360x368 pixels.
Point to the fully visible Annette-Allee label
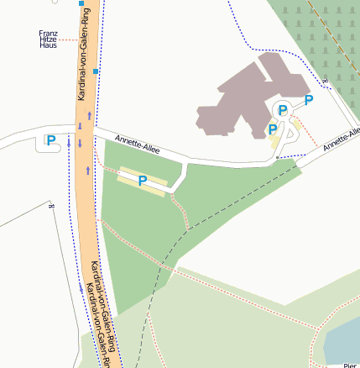(137, 145)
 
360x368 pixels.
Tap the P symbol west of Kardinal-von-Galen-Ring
(51, 140)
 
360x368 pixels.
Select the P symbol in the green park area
(143, 180)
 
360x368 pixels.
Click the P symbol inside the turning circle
(283, 110)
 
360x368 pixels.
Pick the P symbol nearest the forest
(309, 100)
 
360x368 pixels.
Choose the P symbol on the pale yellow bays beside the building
(273, 129)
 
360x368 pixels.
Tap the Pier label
(351, 365)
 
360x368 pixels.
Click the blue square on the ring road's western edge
(81, 4)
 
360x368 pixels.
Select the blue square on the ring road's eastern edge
(97, 72)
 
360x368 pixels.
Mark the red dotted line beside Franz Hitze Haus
(68, 39)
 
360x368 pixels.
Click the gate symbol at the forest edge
(325, 81)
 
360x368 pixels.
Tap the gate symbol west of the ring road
(52, 204)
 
